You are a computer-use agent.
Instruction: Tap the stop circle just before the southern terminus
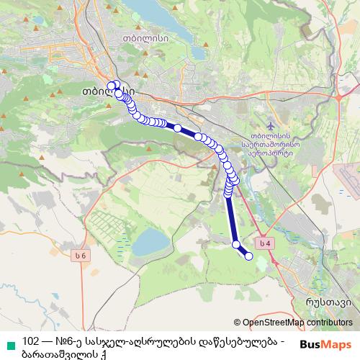(235, 246)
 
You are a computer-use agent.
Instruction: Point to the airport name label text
(270, 144)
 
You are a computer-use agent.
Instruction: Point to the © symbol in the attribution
(238, 323)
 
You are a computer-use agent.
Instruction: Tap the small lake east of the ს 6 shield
(148, 242)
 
